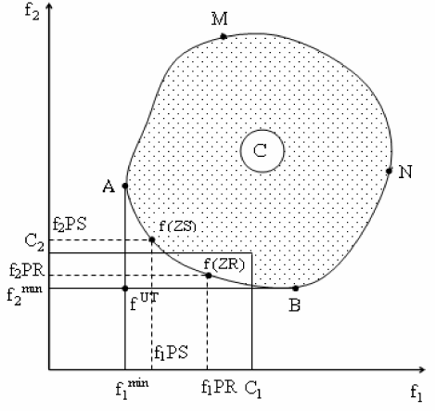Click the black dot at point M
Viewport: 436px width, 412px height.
224,37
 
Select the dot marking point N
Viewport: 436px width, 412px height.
389,171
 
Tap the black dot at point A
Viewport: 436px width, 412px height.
125,186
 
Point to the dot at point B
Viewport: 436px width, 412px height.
295,289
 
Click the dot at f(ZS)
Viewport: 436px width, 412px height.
152,239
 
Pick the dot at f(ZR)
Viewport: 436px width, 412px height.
209,276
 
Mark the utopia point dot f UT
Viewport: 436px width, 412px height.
125,289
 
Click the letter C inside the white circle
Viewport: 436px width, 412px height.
260,151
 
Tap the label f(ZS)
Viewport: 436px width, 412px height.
177,226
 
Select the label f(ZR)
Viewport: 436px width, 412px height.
224,264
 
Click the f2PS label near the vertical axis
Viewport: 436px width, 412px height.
70,225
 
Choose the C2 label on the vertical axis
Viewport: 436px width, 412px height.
34,242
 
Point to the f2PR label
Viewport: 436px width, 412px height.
27,271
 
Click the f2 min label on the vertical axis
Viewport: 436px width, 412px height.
24,294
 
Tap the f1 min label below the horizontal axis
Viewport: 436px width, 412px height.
132,389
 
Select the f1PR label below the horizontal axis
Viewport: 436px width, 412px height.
219,387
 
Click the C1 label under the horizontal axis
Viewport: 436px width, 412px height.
253,390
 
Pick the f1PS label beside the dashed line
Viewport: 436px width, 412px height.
171,353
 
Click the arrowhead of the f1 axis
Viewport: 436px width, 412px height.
422,369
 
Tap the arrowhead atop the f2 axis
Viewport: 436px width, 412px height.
49,6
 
